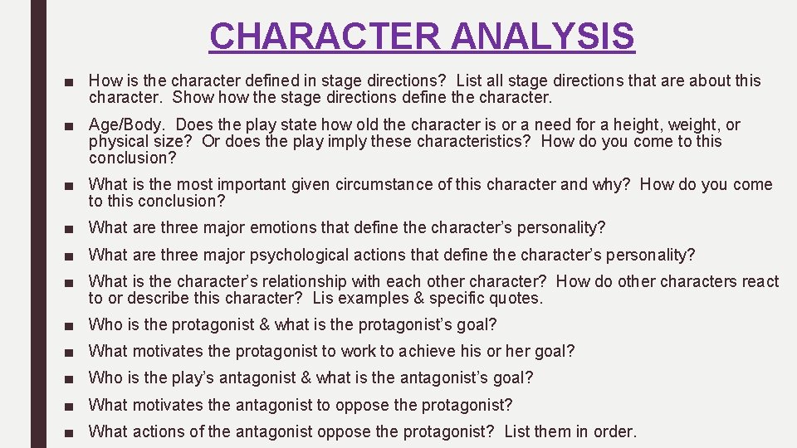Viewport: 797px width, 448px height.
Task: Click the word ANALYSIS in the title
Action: click(543, 37)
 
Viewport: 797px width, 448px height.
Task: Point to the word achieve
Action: click(429, 351)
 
